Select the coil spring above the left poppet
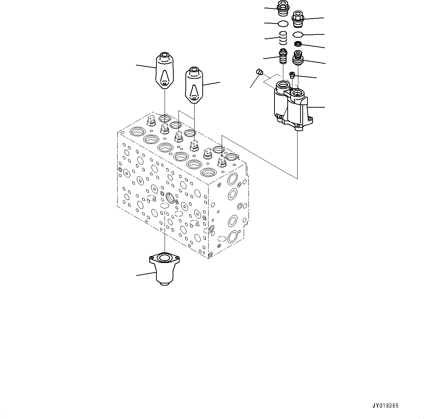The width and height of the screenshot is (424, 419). coord(283,38)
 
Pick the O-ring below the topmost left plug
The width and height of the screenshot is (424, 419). coord(283,24)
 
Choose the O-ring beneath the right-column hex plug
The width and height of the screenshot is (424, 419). coord(298,35)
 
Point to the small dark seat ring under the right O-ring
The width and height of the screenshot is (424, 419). coord(298,44)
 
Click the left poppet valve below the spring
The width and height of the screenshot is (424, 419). coord(283,56)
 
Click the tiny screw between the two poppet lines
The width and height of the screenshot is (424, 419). coord(292,75)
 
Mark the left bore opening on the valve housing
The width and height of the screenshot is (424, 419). coord(283,86)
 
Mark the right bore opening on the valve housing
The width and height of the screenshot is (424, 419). coord(298,93)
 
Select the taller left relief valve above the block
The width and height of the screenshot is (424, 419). coord(164,70)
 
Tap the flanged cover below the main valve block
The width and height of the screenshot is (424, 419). coord(164,269)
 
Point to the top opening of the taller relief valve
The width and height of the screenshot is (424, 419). coord(165,56)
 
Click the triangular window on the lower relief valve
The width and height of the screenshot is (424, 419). coord(194,89)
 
